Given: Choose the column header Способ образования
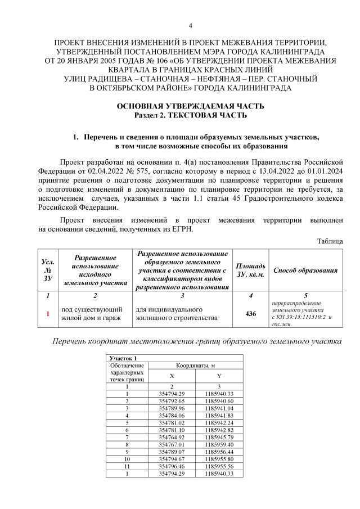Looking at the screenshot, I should [x=305, y=270].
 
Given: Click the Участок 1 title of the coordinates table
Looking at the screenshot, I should [x=121, y=358].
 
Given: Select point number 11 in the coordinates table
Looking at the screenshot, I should [x=127, y=466].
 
